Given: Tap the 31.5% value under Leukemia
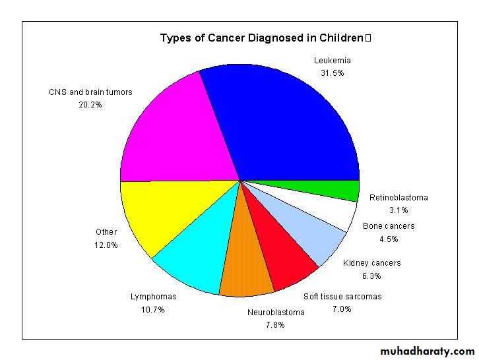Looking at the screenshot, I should click(332, 73).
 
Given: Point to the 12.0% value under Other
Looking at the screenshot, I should click(106, 245).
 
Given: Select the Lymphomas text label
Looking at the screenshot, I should click(154, 297).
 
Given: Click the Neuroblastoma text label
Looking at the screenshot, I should click(276, 312).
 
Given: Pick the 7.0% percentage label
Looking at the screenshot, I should click(342, 309).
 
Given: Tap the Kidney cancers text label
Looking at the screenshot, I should click(371, 262).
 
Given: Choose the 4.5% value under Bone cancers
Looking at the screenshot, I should click(389, 239).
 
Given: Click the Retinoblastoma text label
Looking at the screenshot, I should click(399, 198).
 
